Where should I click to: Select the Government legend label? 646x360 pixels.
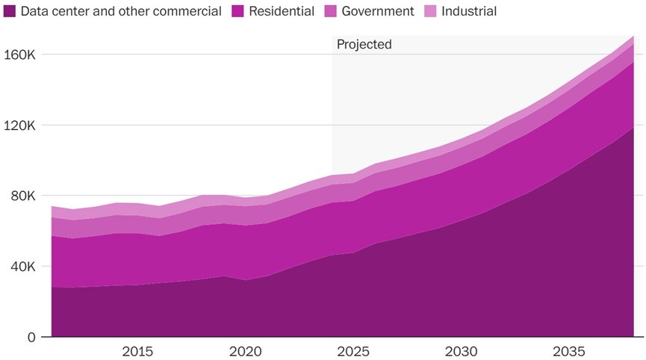(x=377, y=11)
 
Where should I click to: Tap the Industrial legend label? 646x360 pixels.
(x=469, y=11)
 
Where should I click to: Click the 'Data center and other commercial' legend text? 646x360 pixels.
(x=121, y=11)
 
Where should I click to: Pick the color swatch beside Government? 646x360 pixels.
(x=330, y=11)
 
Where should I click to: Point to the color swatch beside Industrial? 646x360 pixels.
(x=430, y=11)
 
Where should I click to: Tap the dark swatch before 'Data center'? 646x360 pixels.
(x=10, y=11)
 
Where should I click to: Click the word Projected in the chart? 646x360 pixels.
(x=364, y=45)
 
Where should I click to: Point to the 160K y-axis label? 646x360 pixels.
(x=19, y=55)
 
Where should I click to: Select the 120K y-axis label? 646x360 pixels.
(x=19, y=125)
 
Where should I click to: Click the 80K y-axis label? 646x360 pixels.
(x=22, y=196)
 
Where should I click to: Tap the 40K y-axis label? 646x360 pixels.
(x=22, y=267)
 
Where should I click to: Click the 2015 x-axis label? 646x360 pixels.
(x=138, y=352)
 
